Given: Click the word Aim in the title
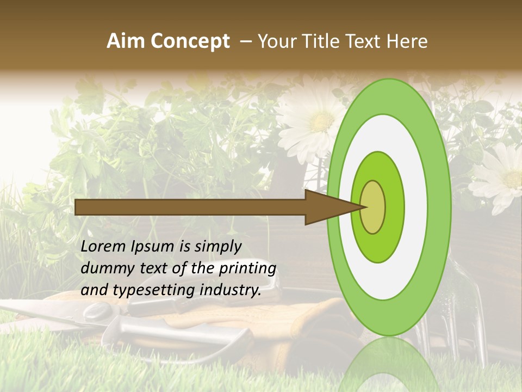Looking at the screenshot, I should [125, 41].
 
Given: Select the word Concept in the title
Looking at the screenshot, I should [189, 41].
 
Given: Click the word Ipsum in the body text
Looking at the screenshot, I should [153, 247].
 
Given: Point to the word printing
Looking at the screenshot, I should [247, 269].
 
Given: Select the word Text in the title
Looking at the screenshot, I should [365, 41].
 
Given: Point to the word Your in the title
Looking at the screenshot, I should [275, 41].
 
